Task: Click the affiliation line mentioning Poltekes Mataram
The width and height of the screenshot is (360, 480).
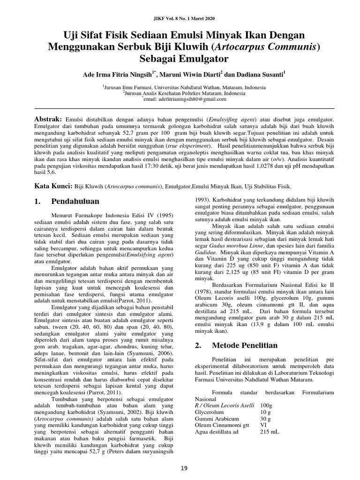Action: [180, 93]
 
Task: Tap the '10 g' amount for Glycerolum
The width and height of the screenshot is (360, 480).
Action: [265, 412]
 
